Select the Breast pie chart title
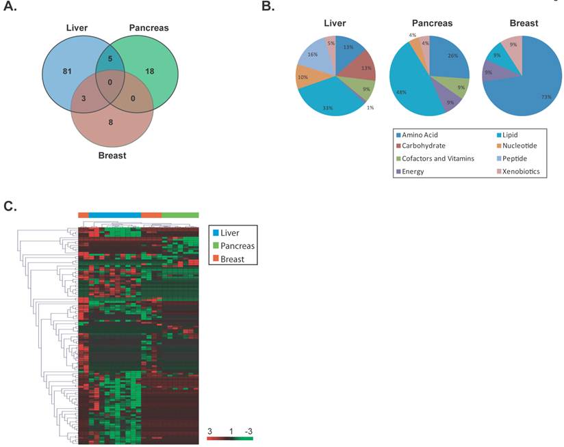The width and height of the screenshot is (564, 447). [x=523, y=23]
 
